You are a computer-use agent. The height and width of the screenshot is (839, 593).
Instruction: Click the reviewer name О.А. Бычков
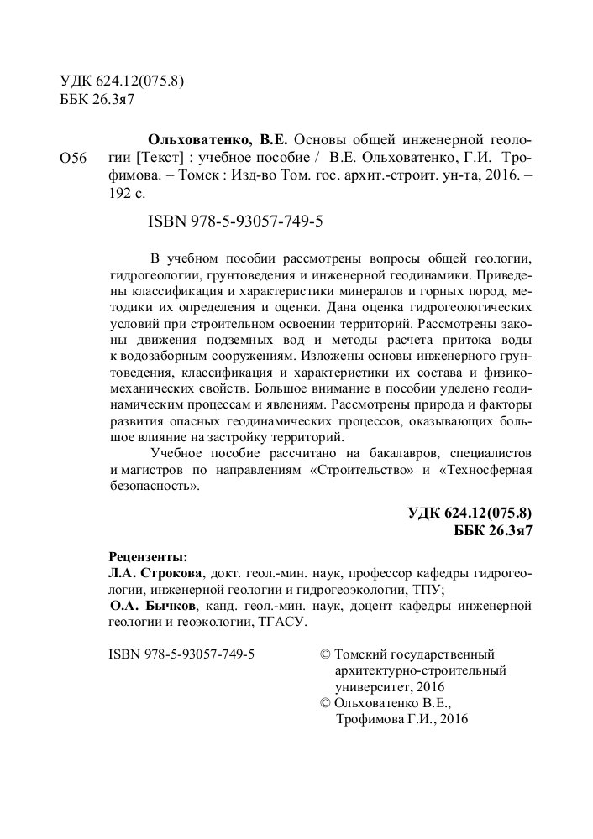[155, 606]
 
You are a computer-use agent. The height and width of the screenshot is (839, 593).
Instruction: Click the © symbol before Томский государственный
[328, 654]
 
